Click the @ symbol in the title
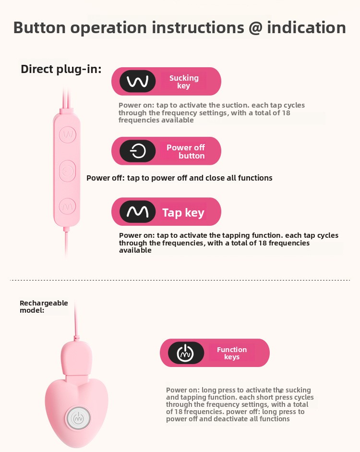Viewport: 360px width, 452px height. (x=255, y=28)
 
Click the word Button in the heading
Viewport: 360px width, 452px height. (x=39, y=28)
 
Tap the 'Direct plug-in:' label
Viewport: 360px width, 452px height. (x=61, y=69)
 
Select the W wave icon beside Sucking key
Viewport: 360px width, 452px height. (x=138, y=81)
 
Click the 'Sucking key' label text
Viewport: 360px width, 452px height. (x=184, y=82)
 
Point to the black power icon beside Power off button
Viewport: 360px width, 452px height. (x=138, y=151)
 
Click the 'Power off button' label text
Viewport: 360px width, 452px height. (x=186, y=151)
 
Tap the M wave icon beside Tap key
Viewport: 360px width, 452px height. (x=138, y=211)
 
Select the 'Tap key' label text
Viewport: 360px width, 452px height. (x=183, y=213)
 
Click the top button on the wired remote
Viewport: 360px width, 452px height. (x=68, y=134)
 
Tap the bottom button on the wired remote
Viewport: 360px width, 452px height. (x=68, y=206)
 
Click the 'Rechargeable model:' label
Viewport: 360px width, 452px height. (x=44, y=306)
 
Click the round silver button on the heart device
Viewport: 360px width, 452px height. (x=78, y=417)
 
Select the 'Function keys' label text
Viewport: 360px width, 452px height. (x=232, y=353)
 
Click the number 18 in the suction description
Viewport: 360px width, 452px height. (x=286, y=113)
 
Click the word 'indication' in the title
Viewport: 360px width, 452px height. (x=306, y=28)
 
